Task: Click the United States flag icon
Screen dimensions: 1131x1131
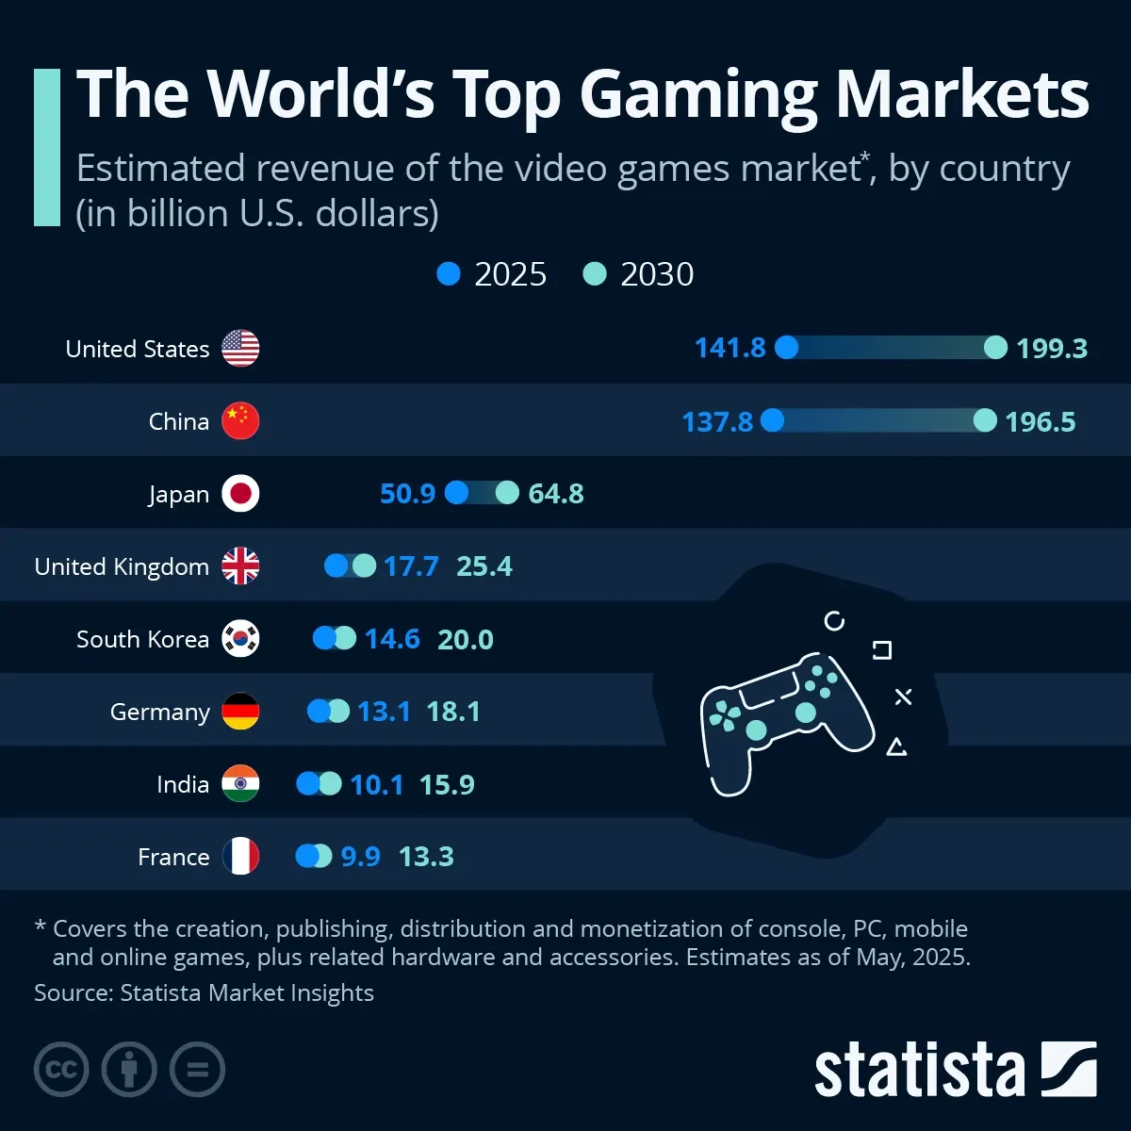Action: (240, 349)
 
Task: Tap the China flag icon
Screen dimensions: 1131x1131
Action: (240, 420)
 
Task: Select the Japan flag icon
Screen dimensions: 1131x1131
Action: (240, 493)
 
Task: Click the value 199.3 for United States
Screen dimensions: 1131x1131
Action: (1052, 349)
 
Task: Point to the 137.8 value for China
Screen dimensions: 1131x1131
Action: (717, 421)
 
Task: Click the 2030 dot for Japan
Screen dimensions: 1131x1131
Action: (507, 493)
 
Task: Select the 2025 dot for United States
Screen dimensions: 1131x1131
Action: (787, 348)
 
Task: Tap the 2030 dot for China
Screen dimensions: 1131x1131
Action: (985, 420)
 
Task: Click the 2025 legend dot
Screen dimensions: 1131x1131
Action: (449, 274)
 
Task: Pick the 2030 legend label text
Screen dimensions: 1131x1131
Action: (657, 274)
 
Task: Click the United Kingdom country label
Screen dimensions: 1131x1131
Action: (122, 566)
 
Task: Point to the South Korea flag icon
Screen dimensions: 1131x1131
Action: (240, 639)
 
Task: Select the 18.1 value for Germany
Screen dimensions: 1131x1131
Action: (453, 712)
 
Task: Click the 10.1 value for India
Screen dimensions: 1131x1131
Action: (377, 784)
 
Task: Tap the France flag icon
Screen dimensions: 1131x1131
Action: (240, 857)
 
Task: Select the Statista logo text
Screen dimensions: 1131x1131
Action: (919, 1071)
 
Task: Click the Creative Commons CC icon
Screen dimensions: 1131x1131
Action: (61, 1070)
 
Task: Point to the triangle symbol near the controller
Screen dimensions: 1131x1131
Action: (896, 747)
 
